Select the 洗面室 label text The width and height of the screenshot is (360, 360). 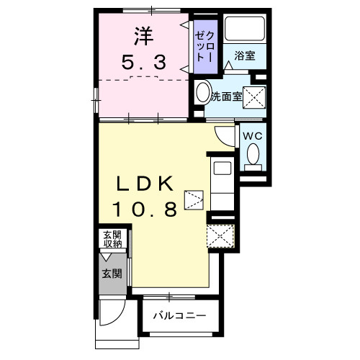pyautogui.click(x=225, y=96)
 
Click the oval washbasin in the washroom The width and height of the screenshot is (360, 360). pyautogui.click(x=202, y=94)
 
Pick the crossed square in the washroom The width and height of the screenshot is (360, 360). pyautogui.click(x=253, y=96)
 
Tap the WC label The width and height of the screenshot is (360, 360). pyautogui.click(x=251, y=135)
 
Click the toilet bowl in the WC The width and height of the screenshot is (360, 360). pyautogui.click(x=253, y=154)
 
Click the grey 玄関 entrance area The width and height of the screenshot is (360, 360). pyautogui.click(x=112, y=274)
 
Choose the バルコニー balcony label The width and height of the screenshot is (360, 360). pyautogui.click(x=180, y=315)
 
